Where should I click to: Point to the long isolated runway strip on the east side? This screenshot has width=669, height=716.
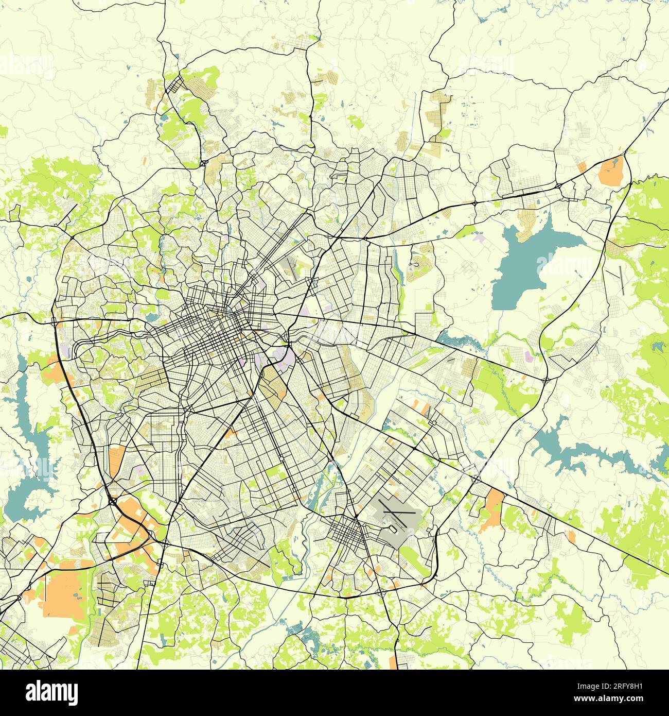tap(622, 280)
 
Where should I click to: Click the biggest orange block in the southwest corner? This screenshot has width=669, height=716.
tap(64, 595)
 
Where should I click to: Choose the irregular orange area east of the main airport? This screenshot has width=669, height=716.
tap(493, 510)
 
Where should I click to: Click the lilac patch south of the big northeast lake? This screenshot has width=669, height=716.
tap(530, 355)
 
